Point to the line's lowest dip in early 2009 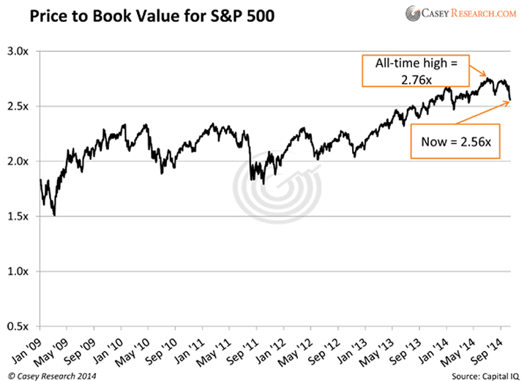(x=54, y=215)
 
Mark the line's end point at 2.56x (x=511, y=100)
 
